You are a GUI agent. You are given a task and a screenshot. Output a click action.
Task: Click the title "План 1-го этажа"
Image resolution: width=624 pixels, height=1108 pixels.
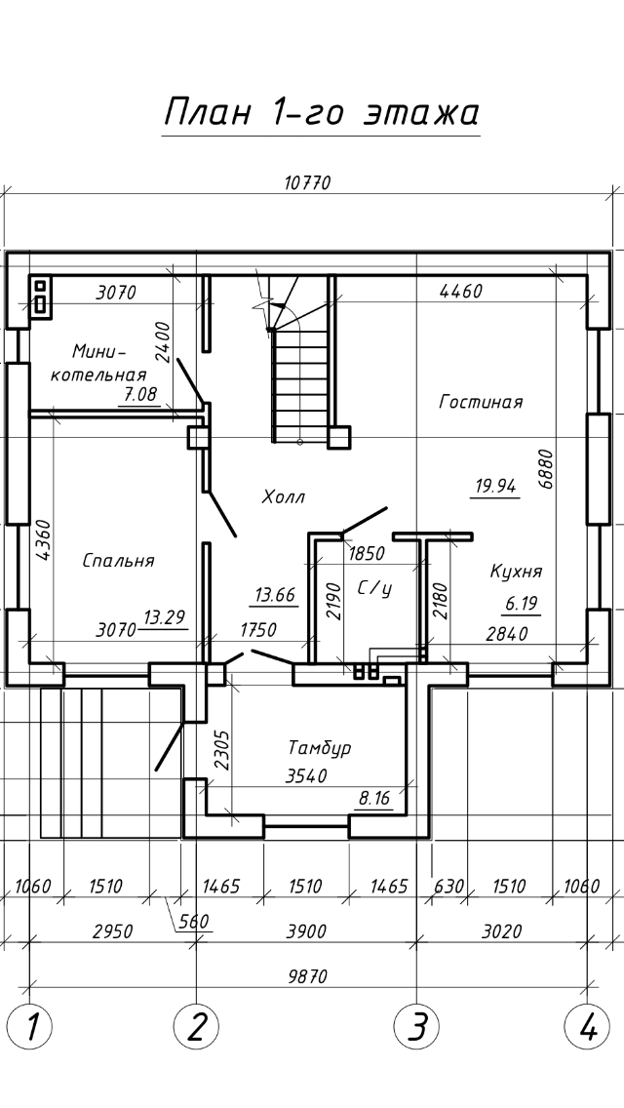[x=322, y=113]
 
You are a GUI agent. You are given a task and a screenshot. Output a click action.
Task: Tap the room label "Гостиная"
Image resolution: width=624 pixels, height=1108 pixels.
[x=481, y=402]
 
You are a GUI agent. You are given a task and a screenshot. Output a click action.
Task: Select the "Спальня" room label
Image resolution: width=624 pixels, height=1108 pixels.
[x=118, y=561]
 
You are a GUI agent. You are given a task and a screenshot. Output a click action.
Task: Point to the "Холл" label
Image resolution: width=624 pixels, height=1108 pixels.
[x=284, y=497]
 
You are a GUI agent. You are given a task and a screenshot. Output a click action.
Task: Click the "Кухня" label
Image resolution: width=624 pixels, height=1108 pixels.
[x=516, y=572]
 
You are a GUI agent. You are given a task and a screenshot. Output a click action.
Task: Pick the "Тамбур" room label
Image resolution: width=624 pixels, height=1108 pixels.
[x=320, y=748]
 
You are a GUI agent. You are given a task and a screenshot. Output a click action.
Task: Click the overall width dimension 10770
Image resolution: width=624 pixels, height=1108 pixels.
[x=307, y=183]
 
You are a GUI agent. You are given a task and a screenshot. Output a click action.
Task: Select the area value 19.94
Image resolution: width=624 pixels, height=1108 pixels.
[x=495, y=486]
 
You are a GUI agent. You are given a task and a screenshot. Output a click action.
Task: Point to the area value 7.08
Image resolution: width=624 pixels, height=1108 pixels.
[x=139, y=395]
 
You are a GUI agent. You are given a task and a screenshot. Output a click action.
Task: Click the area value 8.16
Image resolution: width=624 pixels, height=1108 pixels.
[x=374, y=799]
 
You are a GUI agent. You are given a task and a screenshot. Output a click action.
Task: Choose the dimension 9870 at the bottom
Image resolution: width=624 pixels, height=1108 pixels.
[x=308, y=976]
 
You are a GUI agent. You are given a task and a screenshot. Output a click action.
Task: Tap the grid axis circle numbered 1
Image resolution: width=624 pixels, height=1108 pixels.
[x=29, y=1025]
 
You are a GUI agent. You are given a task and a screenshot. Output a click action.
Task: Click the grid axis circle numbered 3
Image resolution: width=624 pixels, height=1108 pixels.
[x=416, y=1025]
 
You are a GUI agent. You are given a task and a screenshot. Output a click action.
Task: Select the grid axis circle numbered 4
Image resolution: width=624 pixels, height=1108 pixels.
[x=587, y=1025]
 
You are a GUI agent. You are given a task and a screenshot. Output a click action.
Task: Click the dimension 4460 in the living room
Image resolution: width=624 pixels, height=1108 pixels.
[x=461, y=291]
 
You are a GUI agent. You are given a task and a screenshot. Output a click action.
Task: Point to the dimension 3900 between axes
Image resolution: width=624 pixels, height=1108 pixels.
[x=307, y=931]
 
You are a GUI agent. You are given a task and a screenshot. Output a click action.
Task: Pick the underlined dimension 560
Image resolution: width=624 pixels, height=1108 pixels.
[x=194, y=921]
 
